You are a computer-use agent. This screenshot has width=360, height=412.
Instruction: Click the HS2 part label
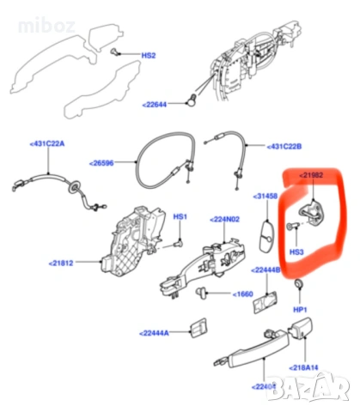tap(149, 56)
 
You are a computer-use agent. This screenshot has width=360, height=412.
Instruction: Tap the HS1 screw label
tap(180, 216)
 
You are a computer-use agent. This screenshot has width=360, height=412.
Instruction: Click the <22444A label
tap(155, 330)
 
